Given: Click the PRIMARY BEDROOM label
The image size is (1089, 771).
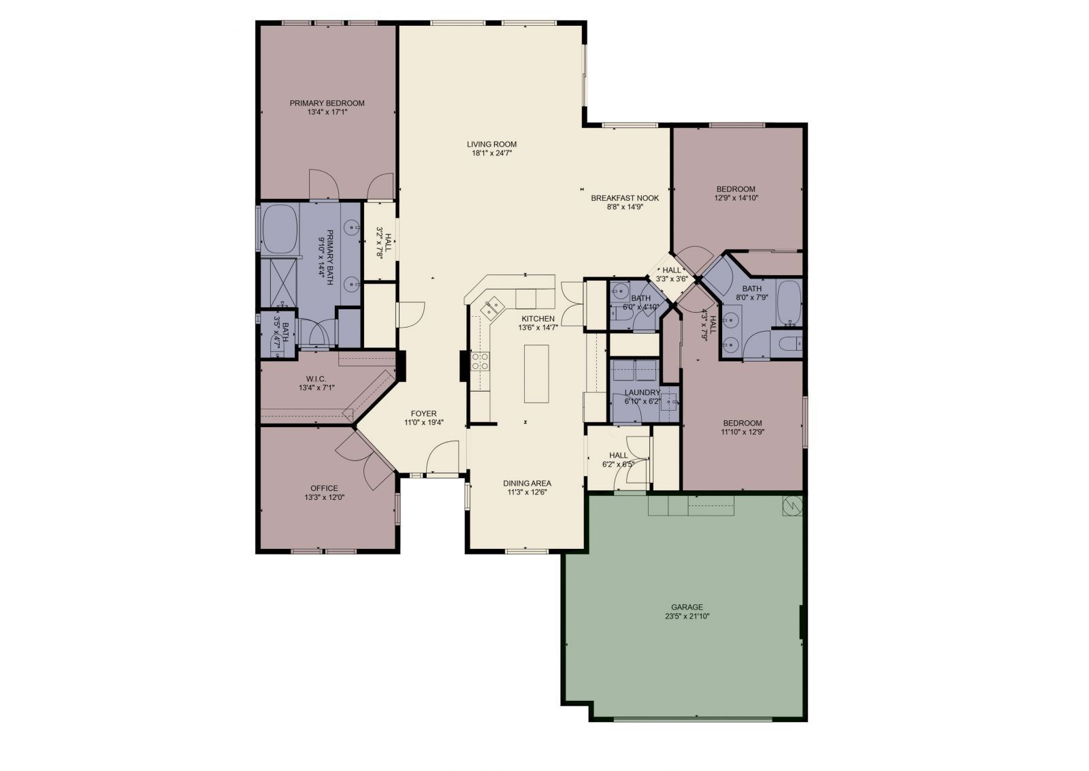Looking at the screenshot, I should [327, 103].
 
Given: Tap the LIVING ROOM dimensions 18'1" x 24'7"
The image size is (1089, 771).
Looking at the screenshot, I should [491, 154].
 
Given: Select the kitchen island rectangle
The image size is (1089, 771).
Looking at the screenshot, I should [536, 374].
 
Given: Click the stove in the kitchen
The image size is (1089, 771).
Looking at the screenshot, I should [481, 361].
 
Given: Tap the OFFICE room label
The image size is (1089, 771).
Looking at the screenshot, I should [324, 488].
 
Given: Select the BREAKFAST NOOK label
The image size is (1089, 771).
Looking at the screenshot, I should [624, 198].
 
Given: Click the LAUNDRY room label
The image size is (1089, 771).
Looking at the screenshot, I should [642, 393].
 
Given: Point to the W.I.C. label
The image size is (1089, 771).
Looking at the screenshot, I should [316, 379].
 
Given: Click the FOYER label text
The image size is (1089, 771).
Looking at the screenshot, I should [423, 413].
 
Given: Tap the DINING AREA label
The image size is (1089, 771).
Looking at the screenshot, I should [527, 483].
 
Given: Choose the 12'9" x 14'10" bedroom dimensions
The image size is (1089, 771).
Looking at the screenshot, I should [736, 198].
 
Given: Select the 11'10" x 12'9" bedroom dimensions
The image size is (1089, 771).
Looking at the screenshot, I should [742, 432].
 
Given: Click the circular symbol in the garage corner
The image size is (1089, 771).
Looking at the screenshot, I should [792, 505].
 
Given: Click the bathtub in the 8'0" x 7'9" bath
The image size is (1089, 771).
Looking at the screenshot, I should [790, 302].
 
